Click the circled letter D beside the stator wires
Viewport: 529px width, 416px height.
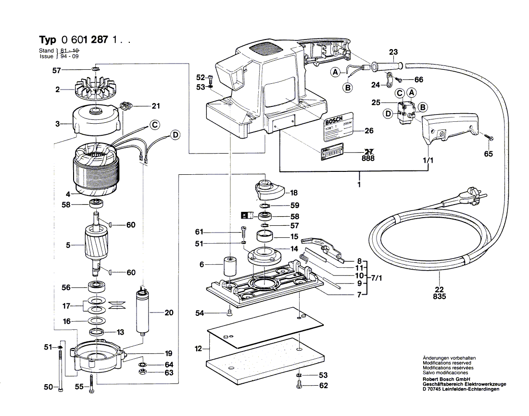click(175, 135)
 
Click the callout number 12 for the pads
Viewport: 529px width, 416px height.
click(198, 348)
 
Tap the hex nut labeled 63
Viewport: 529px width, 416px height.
click(143, 372)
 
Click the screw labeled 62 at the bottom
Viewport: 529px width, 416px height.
click(299, 386)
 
